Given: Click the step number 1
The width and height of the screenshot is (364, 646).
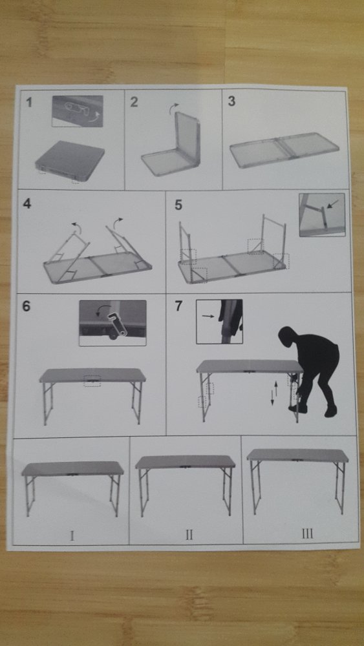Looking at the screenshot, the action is (29, 102).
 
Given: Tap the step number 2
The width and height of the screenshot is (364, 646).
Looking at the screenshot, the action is (134, 102).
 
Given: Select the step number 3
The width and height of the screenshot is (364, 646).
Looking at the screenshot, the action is (231, 101).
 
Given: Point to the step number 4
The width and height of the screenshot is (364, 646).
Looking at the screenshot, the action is (27, 203).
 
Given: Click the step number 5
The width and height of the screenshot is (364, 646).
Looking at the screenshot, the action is (178, 205).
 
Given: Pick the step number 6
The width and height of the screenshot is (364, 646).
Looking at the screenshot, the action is (26, 306).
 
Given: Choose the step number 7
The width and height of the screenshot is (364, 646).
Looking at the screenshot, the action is (178, 306).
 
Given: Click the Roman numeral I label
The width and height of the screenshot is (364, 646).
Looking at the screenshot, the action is (72, 536).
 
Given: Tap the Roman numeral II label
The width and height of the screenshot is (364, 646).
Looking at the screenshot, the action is (189, 535).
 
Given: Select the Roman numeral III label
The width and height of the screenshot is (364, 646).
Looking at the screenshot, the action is (307, 534).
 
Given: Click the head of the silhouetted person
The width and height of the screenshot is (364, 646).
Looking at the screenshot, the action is (288, 337).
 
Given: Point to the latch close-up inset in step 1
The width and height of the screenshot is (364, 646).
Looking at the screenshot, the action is (78, 111).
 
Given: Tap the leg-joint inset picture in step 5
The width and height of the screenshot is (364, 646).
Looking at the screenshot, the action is (322, 214).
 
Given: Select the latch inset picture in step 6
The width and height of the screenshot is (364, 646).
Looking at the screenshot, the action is (112, 323).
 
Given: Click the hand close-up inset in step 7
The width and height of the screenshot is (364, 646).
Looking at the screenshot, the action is (219, 321).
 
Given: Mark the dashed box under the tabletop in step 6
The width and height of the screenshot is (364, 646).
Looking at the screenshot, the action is (92, 381).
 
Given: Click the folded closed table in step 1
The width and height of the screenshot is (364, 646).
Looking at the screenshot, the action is (70, 161).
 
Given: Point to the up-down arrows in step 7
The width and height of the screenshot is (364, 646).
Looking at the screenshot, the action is (274, 394).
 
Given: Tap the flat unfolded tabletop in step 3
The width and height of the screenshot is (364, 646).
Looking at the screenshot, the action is (284, 151).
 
